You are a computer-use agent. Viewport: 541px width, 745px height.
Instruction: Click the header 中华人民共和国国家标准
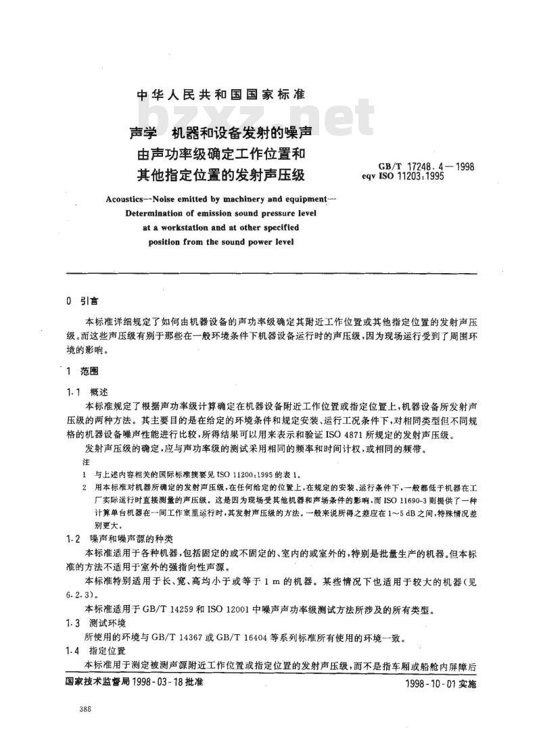tap(221, 95)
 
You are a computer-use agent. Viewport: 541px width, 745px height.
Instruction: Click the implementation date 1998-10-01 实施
tap(438, 683)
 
